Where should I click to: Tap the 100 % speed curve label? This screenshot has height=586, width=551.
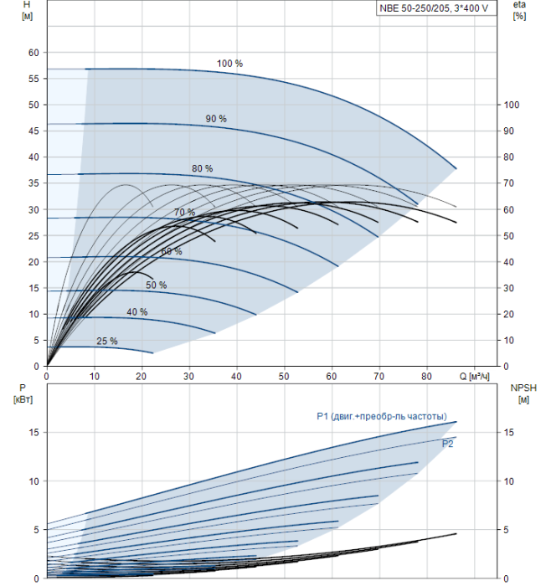pos(229,64)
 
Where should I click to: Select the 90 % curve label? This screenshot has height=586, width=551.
pos(216,119)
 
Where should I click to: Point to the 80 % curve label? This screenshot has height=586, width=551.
pos(202,168)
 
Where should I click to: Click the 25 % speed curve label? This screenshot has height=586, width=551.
pos(107,342)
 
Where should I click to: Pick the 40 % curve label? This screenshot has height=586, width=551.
pos(136,312)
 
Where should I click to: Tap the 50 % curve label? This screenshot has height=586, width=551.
pos(156,285)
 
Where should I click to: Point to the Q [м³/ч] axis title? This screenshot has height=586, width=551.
pos(474,376)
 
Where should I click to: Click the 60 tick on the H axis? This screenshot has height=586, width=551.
pos(34,52)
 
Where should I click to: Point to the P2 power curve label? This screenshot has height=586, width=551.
pos(448,445)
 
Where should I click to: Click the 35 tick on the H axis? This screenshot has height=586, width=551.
pos(34,183)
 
